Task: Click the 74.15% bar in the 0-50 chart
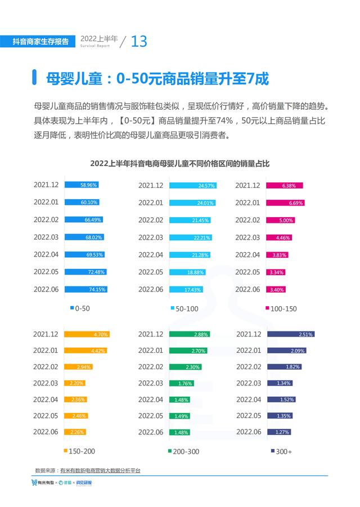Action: coord(85,289)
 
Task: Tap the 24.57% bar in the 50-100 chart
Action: coord(193,185)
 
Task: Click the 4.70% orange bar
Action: coord(87,334)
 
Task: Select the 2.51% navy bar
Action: coord(290,334)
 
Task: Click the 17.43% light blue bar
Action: coord(186,289)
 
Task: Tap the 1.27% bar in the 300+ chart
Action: coord(279,432)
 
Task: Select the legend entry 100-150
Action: coord(281,308)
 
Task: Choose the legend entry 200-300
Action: coord(184,451)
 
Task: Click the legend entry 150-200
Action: coord(79,451)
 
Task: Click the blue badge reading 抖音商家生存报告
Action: coord(41,41)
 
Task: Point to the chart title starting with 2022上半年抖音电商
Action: coord(180,164)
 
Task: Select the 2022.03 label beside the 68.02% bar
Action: coord(46,237)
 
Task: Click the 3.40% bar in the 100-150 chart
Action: coord(279,289)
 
